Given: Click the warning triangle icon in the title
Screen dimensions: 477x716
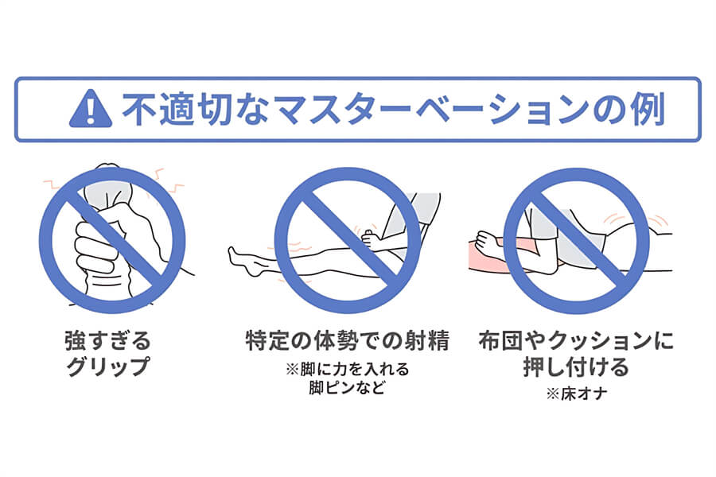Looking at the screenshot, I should click(90, 110).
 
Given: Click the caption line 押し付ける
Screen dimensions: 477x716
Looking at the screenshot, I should click(576, 368).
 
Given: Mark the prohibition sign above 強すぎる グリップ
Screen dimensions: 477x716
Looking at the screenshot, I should click(112, 239).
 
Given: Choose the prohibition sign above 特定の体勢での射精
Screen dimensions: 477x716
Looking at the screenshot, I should click(347, 239).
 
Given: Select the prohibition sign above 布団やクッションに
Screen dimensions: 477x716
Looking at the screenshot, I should click(576, 239).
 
